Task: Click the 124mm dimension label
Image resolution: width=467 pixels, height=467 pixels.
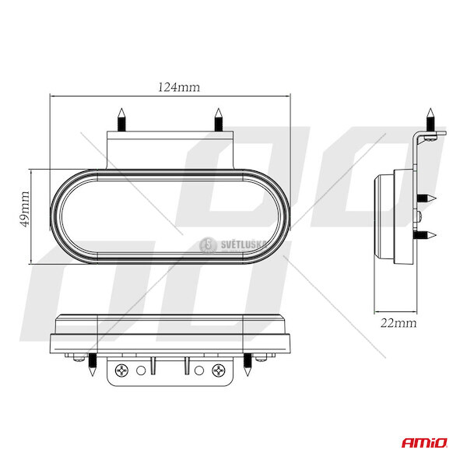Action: (179, 87)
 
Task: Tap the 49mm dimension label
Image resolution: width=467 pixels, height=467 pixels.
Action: (26, 209)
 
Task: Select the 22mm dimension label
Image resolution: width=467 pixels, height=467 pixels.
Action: (399, 323)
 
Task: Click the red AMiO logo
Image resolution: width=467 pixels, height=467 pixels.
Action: (424, 443)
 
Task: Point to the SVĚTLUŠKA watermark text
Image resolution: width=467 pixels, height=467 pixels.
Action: (244, 245)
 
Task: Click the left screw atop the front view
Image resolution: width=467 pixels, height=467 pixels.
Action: (121, 119)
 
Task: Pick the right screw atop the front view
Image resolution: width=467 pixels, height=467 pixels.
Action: (218, 119)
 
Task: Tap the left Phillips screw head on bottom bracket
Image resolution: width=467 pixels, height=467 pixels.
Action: (122, 370)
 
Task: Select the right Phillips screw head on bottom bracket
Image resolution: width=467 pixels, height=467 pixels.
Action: (219, 370)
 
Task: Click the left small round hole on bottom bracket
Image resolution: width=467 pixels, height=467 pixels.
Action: (141, 370)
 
